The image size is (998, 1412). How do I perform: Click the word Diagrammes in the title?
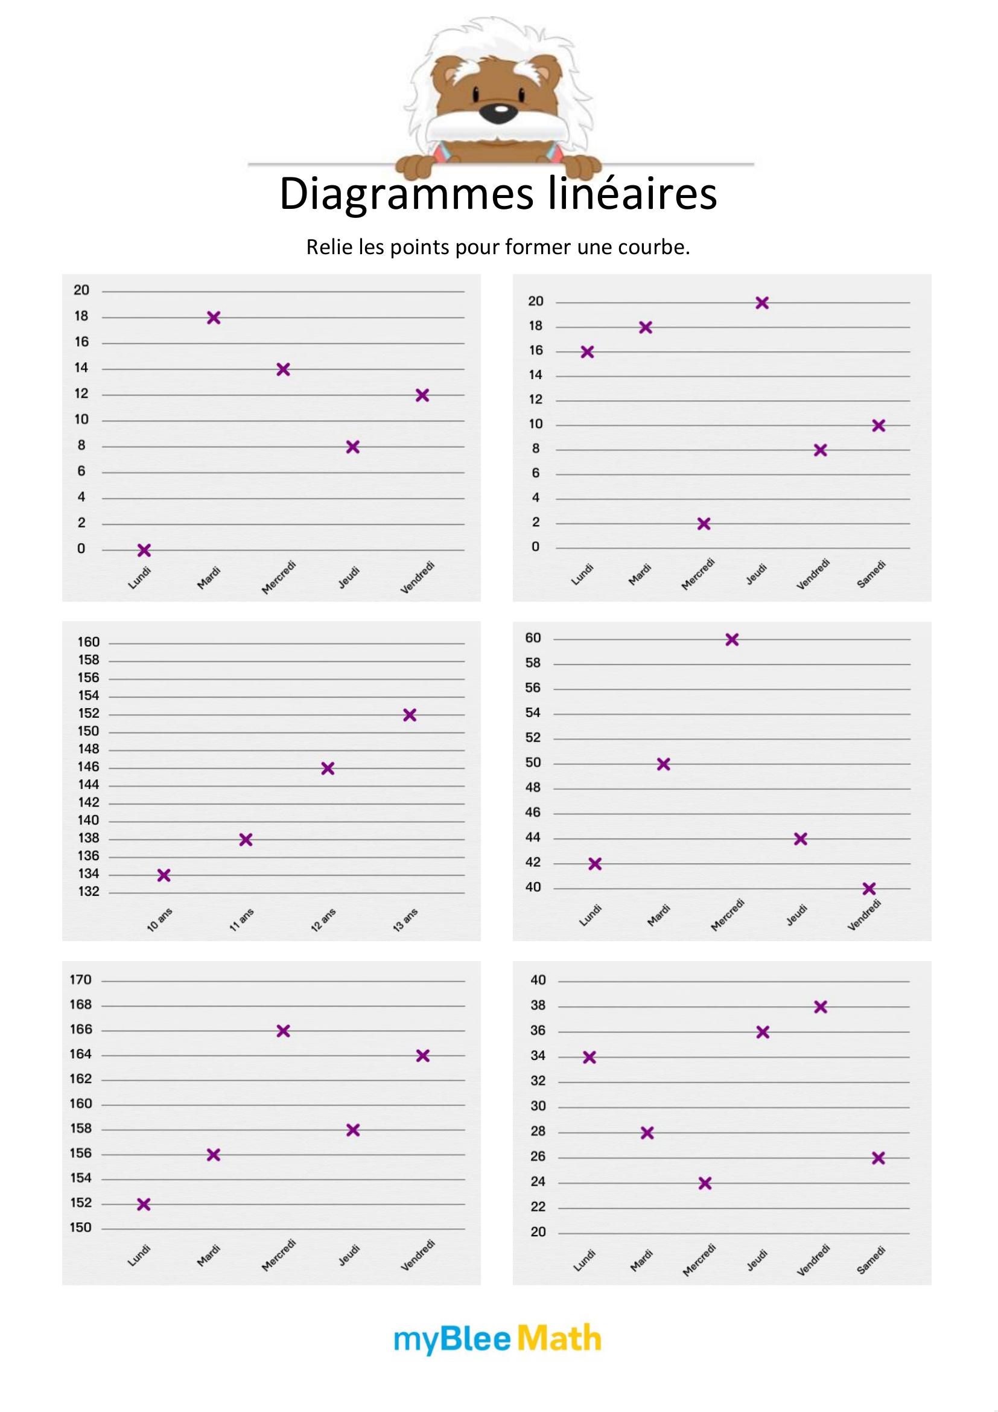[406, 194]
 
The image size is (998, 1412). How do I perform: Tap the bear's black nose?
[497, 111]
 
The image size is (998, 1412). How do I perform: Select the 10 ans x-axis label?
[160, 920]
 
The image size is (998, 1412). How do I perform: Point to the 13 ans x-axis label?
[405, 920]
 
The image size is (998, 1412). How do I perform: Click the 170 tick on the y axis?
[80, 980]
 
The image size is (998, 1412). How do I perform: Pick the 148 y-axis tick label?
[89, 749]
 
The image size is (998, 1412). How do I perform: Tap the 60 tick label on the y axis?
[533, 638]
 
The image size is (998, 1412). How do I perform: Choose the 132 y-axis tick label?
[89, 892]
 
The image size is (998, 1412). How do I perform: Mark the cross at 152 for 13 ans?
[410, 715]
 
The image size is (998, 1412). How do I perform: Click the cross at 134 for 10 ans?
[164, 875]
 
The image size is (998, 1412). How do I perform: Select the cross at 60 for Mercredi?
[732, 639]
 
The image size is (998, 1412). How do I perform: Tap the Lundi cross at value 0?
[144, 550]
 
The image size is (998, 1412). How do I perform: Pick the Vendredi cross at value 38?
[821, 1007]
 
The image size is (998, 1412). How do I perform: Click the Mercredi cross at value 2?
[704, 523]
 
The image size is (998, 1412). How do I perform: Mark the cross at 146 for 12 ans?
[328, 768]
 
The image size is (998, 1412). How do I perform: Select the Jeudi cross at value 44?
[800, 839]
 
